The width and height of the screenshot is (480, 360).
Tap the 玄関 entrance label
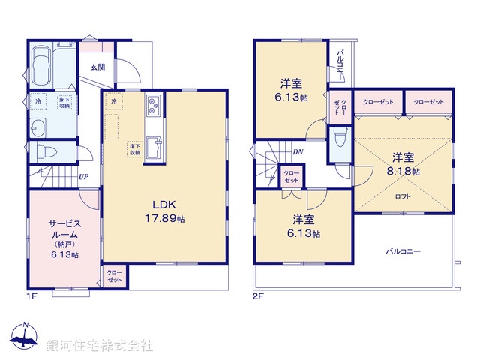[x=98, y=67]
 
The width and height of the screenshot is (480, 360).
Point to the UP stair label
[x=84, y=177]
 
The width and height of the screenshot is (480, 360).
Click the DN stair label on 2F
[x=297, y=152]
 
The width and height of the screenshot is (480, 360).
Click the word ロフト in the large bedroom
[x=403, y=196]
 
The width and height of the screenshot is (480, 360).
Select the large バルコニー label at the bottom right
[x=404, y=251]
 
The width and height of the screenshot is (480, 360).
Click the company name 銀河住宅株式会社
[x=100, y=346]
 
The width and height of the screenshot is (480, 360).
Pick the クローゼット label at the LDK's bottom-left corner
[x=115, y=276]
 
